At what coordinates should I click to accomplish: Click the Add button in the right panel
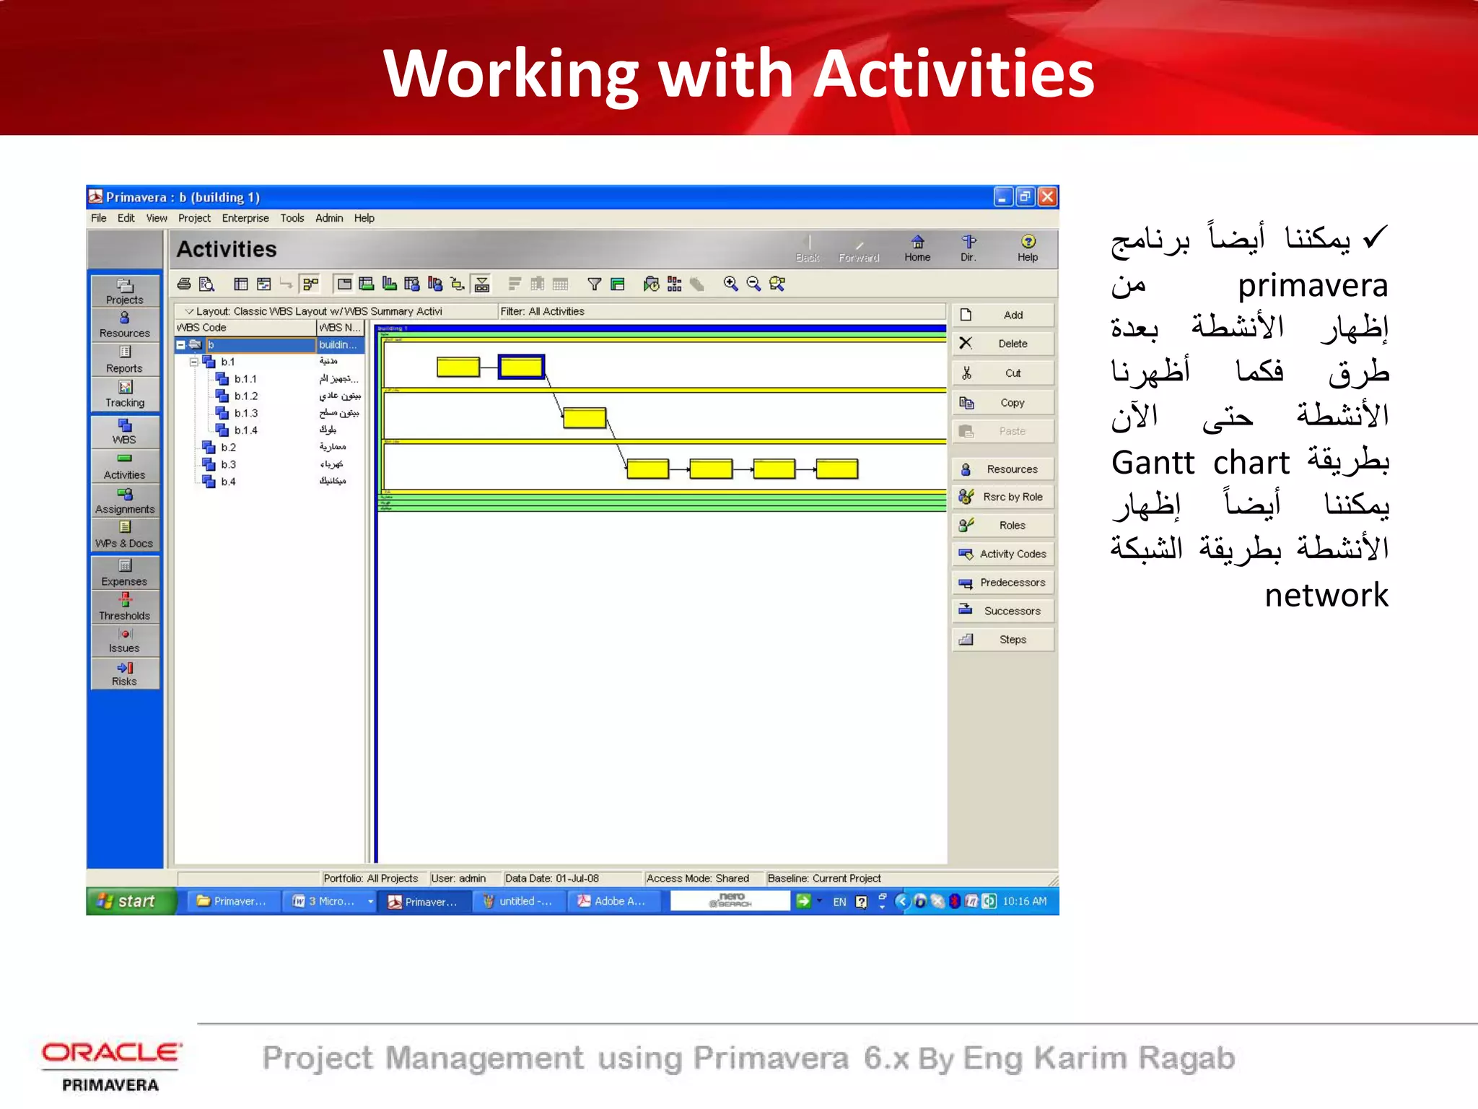click(x=1003, y=316)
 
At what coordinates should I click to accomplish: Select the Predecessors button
click(x=1003, y=583)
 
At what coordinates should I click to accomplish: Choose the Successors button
click(x=1003, y=611)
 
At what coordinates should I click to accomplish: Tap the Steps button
click(x=1003, y=640)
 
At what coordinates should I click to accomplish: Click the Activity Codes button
click(x=1003, y=554)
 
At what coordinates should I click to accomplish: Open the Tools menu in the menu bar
click(x=292, y=218)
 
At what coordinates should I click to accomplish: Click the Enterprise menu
click(x=245, y=218)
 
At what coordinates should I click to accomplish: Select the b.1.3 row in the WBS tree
click(x=245, y=413)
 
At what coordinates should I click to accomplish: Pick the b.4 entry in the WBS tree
click(x=228, y=482)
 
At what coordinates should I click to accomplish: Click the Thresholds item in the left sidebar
click(x=125, y=607)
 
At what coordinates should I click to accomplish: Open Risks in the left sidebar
click(x=125, y=674)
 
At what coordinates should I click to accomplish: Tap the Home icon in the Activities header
click(x=917, y=248)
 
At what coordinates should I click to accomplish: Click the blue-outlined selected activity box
click(x=521, y=367)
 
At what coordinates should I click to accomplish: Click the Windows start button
click(x=130, y=901)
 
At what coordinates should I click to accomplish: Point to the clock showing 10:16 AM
click(x=1024, y=901)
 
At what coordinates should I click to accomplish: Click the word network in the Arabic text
click(x=1326, y=596)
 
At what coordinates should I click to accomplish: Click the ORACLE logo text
click(x=111, y=1053)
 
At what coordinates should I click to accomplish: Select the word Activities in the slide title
click(x=955, y=74)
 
